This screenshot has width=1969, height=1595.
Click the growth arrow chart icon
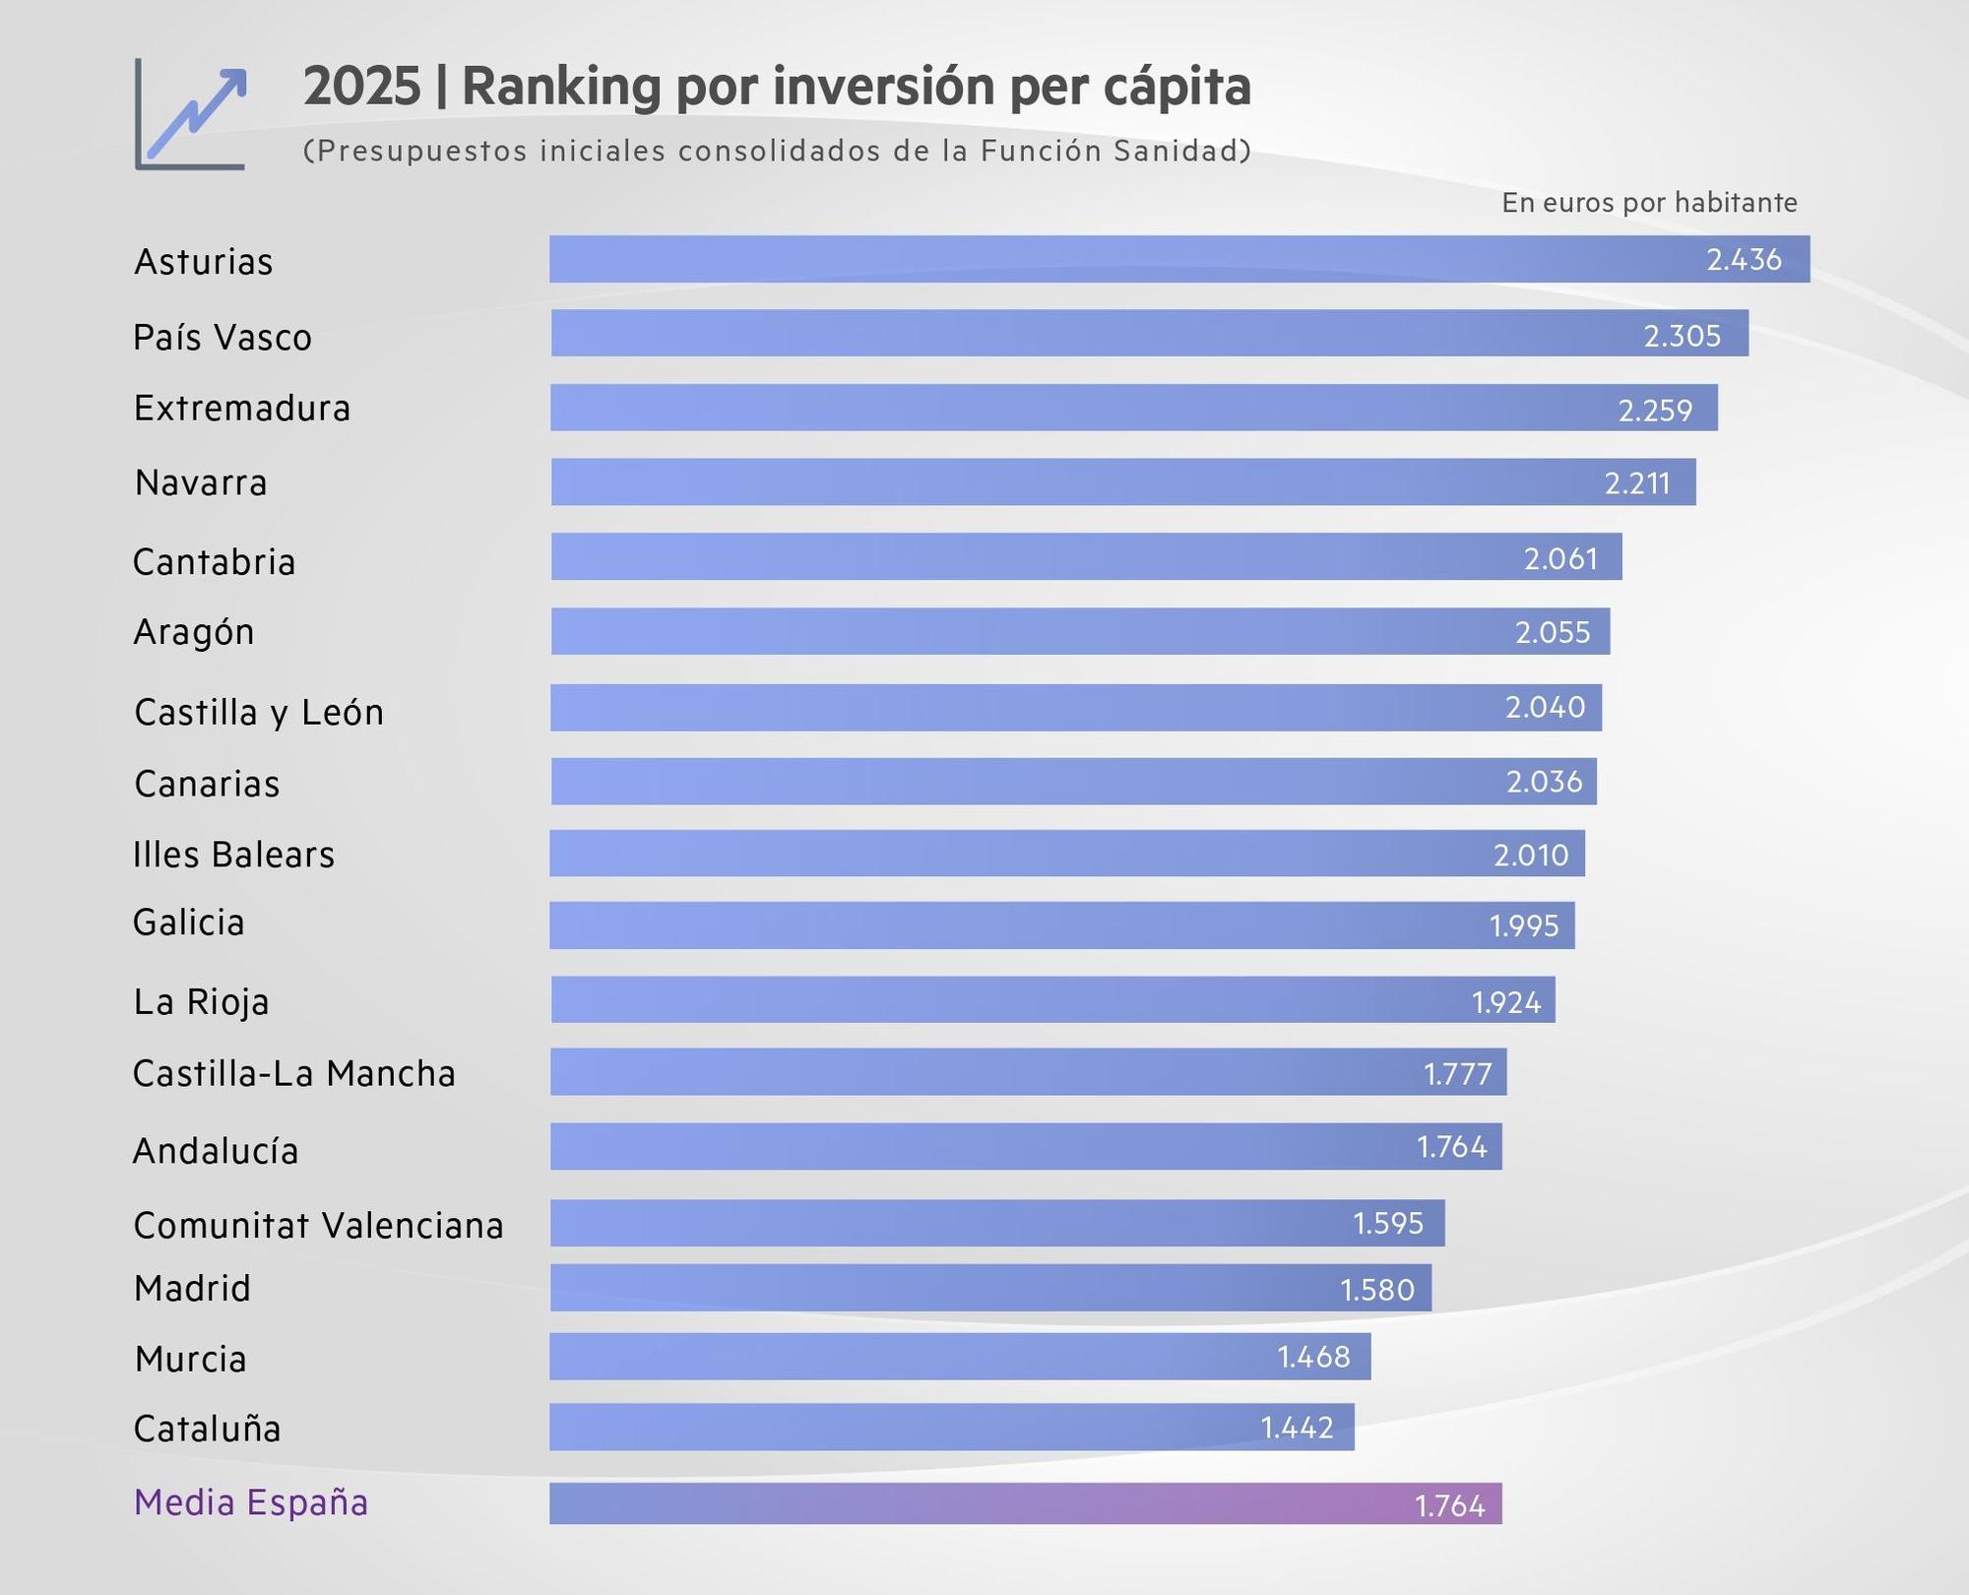point(191,114)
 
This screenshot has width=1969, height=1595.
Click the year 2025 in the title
point(361,87)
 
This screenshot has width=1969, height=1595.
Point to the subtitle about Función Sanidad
point(777,151)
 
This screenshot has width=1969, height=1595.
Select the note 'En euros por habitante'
point(1649,203)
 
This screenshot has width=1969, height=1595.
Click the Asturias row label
point(204,262)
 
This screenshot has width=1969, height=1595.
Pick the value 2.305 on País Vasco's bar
point(1682,336)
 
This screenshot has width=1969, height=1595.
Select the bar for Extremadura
point(1132,408)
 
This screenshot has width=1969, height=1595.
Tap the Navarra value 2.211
point(1636,483)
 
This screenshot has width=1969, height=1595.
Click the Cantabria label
point(215,562)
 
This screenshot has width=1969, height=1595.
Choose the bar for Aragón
point(1079,631)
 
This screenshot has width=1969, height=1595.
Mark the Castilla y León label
point(259,712)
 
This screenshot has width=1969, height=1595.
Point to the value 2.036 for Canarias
point(1544,782)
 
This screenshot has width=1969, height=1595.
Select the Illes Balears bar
point(1066,854)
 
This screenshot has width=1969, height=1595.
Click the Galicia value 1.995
point(1524,926)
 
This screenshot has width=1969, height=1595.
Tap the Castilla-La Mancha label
point(294,1073)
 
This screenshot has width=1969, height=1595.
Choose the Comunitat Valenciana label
point(319,1226)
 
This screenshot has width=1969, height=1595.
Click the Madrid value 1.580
point(1376,1290)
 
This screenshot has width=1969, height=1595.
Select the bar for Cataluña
point(951,1427)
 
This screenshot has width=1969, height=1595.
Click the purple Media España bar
point(1024,1503)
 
